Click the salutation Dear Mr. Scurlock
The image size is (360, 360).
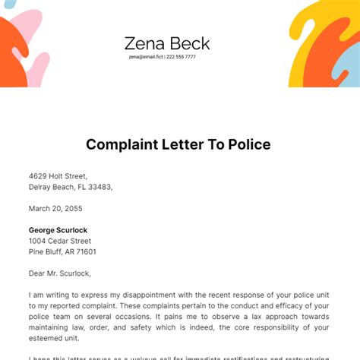click(x=62, y=273)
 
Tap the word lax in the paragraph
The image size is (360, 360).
click(x=239, y=317)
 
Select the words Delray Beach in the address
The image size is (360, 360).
click(x=53, y=186)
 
